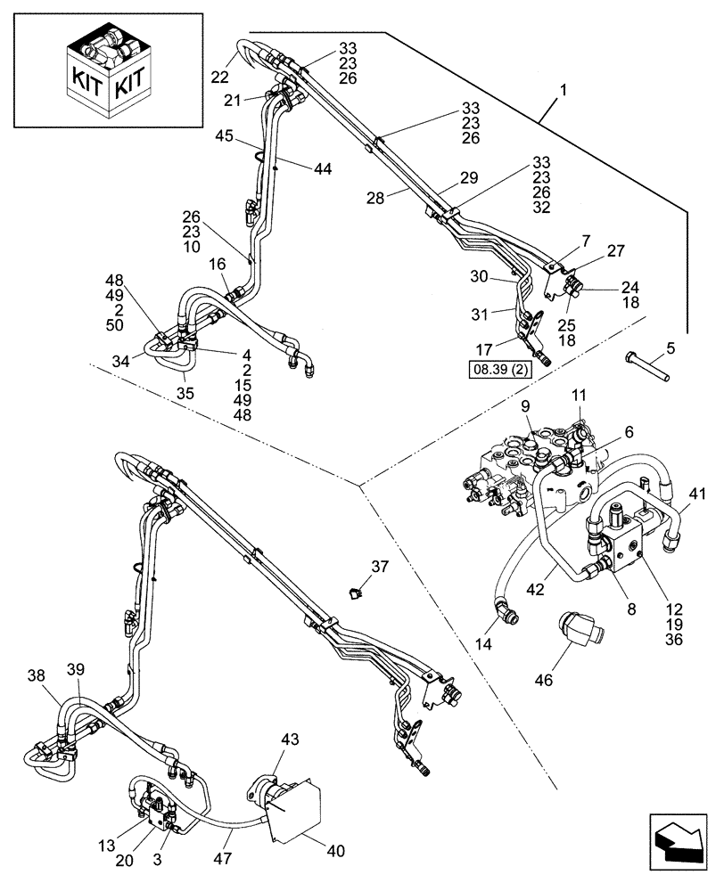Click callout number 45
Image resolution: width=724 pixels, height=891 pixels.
[x=224, y=136]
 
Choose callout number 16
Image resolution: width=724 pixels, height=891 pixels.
[x=218, y=264]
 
